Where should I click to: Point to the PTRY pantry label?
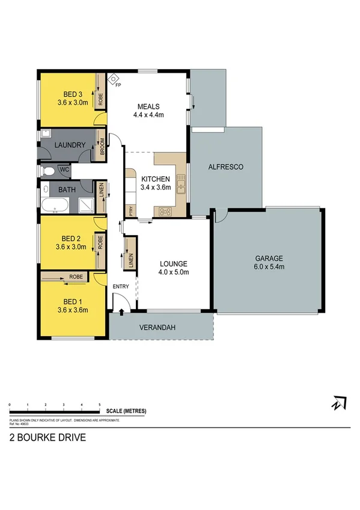coord(130,211)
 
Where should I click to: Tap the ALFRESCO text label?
coord(225,167)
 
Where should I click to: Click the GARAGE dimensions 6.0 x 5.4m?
coord(268,266)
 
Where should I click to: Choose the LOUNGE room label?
coord(174,263)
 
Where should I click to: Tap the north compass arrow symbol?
coord(339,403)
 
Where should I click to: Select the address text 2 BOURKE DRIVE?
coord(47,438)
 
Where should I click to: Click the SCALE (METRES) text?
coord(126,411)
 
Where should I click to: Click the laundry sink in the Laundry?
coord(46,135)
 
